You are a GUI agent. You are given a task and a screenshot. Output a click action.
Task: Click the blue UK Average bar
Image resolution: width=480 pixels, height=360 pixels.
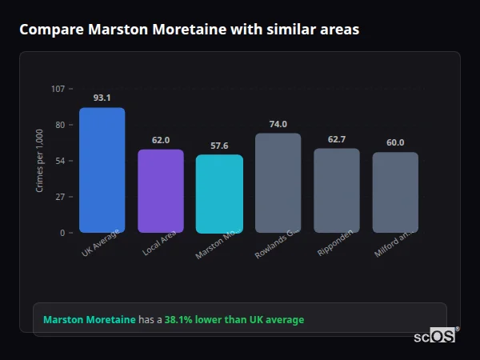102,170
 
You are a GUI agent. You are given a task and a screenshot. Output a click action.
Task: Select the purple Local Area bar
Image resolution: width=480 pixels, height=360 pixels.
161,190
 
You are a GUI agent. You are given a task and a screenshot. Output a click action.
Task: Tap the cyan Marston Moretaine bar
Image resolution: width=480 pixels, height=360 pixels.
219,194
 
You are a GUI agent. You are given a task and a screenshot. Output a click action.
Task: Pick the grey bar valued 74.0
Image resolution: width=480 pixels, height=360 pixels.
278,182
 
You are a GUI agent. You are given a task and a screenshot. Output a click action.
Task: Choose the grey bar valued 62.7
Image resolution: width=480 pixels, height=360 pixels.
336,190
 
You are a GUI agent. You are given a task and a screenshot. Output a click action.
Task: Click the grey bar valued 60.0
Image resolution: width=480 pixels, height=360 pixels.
395,192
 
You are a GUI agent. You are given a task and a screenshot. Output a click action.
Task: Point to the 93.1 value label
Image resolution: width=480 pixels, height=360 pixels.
102,98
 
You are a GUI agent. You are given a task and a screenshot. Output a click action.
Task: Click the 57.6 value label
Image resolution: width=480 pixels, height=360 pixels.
219,146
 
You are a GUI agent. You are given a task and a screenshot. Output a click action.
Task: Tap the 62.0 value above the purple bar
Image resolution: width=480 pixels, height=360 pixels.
161,140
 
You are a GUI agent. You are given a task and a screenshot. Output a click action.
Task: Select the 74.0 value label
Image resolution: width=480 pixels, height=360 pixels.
278,124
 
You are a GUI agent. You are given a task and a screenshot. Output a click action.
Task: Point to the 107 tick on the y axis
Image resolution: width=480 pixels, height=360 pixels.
58,89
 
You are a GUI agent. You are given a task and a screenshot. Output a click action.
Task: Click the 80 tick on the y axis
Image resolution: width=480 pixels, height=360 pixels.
60,125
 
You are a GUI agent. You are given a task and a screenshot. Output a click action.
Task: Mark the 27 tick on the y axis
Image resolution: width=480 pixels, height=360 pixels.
60,197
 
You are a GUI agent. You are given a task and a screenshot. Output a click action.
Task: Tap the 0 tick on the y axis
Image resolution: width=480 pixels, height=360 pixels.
62,233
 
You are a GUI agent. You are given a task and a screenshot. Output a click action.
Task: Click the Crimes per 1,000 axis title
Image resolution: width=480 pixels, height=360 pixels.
40,160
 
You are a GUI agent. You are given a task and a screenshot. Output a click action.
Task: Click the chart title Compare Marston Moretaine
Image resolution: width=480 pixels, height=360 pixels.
189,30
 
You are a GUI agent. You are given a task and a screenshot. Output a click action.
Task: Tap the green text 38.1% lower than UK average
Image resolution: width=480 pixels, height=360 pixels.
234,320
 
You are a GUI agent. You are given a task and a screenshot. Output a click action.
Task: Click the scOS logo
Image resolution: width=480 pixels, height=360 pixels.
435,336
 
